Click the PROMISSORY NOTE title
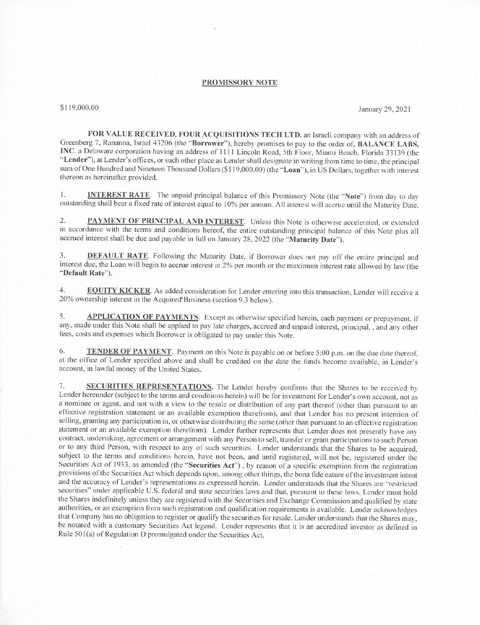(x=239, y=83)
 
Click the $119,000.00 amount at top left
(x=79, y=108)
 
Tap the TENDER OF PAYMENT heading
(x=129, y=351)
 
